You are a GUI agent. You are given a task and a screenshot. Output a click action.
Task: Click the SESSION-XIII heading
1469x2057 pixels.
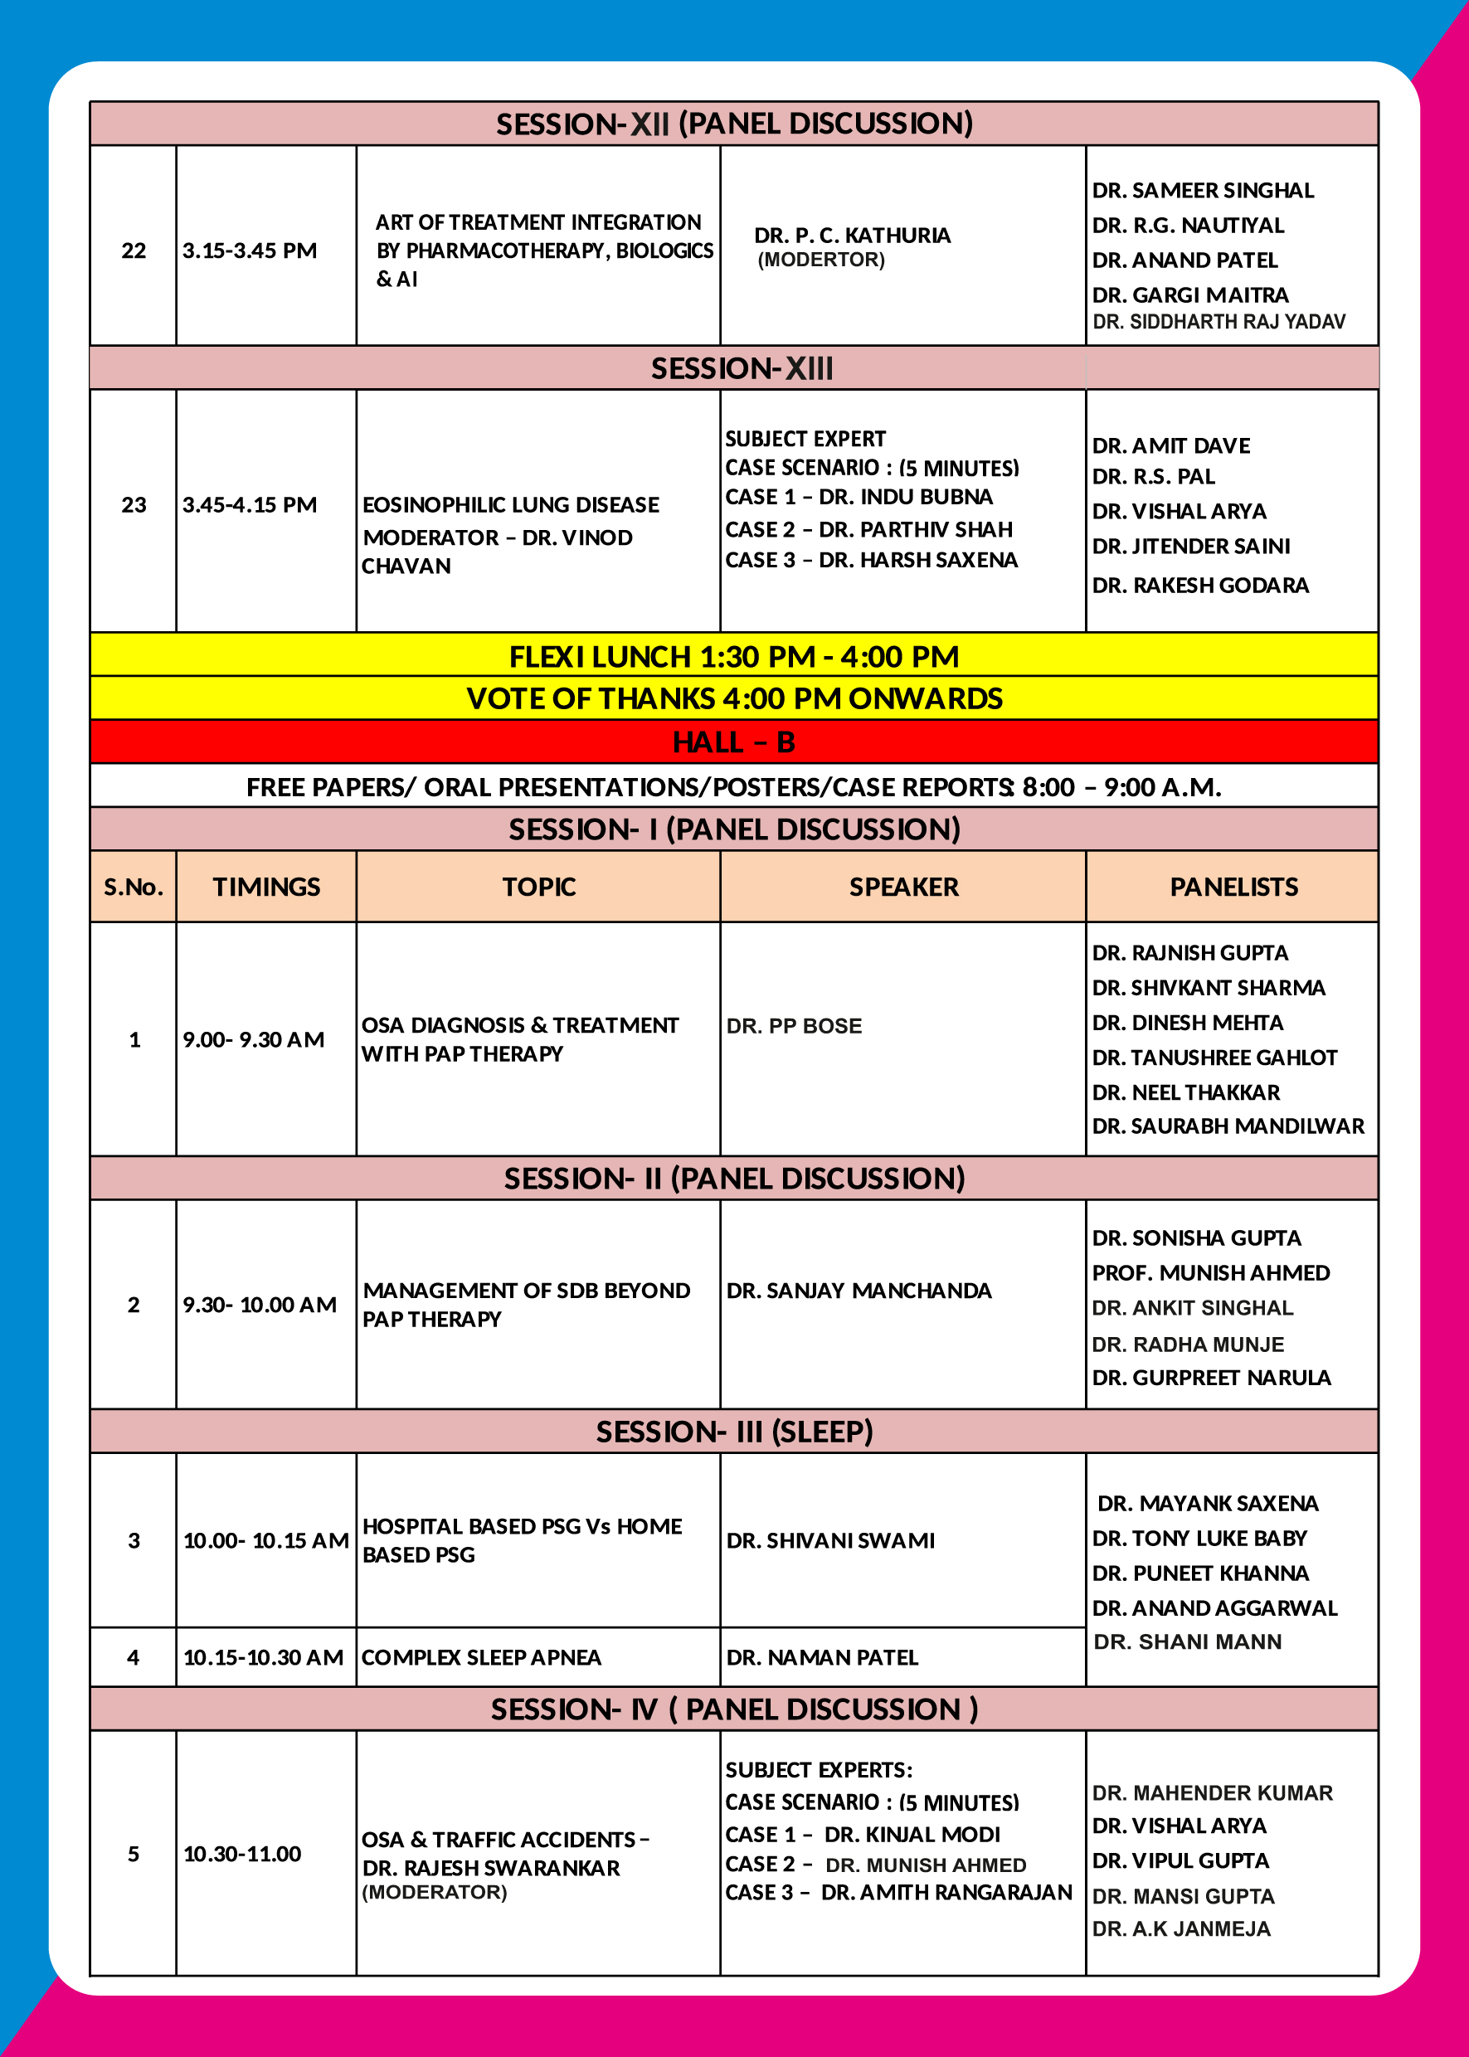click(742, 368)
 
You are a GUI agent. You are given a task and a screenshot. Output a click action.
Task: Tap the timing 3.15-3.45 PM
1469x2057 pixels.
click(250, 250)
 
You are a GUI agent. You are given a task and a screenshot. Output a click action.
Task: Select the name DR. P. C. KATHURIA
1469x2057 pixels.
click(852, 236)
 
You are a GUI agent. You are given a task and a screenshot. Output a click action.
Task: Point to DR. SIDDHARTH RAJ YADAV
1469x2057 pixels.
click(1218, 322)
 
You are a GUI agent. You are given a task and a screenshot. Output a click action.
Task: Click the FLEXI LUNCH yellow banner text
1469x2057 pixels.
click(733, 656)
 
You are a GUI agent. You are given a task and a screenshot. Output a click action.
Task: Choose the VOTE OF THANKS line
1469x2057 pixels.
click(733, 698)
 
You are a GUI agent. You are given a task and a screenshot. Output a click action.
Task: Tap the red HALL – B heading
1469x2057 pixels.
click(733, 742)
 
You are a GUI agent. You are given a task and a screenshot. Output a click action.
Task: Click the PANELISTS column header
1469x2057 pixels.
click(1233, 887)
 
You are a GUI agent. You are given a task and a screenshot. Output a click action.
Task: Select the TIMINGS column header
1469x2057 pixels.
click(267, 887)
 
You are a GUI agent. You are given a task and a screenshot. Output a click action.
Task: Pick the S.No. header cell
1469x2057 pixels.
click(134, 887)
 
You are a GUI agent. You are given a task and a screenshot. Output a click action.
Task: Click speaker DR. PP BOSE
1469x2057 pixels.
click(794, 1026)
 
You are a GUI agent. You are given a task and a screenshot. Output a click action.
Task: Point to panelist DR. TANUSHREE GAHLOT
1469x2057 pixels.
click(1214, 1058)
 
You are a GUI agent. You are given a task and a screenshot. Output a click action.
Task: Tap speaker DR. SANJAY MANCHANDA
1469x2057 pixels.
click(859, 1291)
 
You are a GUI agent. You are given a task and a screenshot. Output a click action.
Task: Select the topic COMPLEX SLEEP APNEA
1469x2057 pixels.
click(481, 1657)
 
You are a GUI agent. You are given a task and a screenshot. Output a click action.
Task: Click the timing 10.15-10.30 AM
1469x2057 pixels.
click(263, 1657)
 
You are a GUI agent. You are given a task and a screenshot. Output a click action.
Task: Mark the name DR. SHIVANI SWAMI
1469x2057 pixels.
click(830, 1540)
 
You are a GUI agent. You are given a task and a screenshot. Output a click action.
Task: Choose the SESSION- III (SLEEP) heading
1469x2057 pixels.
click(733, 1431)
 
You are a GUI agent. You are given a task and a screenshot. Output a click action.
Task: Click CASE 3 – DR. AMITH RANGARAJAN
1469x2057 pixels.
click(898, 1893)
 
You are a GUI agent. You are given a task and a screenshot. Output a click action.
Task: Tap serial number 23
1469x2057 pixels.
click(134, 505)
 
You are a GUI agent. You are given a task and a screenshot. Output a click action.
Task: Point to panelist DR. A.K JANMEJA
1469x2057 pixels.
click(1181, 1928)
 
